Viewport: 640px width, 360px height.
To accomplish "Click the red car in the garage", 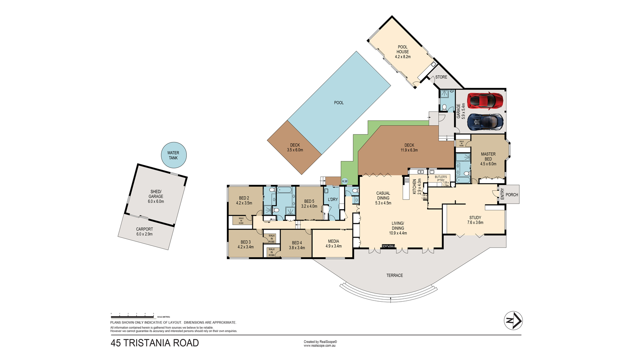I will coord(485,101).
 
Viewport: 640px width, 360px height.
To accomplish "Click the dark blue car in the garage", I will coord(485,122).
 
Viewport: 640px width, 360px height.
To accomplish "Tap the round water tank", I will coord(174,155).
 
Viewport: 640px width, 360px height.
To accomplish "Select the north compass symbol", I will coord(513,320).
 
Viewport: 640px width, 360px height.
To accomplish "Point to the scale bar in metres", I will coord(132,316).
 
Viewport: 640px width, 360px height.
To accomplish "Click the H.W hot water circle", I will coord(345,181).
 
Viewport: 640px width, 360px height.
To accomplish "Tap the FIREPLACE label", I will coord(388,246).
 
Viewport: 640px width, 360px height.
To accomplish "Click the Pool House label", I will coord(402,49).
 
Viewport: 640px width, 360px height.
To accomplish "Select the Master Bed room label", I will coord(488,156).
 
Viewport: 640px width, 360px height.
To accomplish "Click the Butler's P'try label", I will coord(440,178).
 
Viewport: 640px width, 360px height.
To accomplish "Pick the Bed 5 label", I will coord(309,202).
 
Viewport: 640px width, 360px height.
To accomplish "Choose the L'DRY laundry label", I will coord(333,200).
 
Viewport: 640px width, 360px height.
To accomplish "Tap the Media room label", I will coord(333,241).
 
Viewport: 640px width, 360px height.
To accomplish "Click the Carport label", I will coord(144,229).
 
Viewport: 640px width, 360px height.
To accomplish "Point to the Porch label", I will coord(512,195).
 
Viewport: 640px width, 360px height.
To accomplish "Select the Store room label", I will coord(441,77).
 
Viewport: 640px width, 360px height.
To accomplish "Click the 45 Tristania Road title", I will coord(154,343).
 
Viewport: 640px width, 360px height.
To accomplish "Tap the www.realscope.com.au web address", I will coord(320,346).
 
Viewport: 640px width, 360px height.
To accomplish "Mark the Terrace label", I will coord(394,276).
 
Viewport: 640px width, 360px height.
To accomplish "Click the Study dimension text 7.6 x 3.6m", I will coord(475,222).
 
